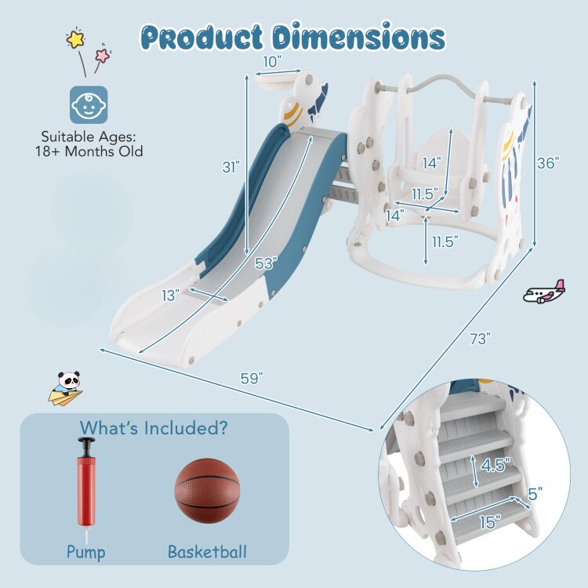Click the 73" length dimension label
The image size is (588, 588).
480,339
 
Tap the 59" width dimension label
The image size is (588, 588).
252,378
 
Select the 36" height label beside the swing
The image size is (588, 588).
548,163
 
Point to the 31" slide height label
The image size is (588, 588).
231,167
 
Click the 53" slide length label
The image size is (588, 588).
266,263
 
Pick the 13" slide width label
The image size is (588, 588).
171,296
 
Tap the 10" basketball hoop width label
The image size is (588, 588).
272,62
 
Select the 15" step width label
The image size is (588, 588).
491,522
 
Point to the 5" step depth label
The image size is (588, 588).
535,494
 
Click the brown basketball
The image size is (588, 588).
207,491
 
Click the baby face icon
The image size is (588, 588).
89,105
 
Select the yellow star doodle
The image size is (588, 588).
76,38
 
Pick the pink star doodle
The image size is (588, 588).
103,55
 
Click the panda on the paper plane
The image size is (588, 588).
66,388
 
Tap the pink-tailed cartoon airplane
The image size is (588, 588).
544,292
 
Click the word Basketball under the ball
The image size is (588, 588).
208,552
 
